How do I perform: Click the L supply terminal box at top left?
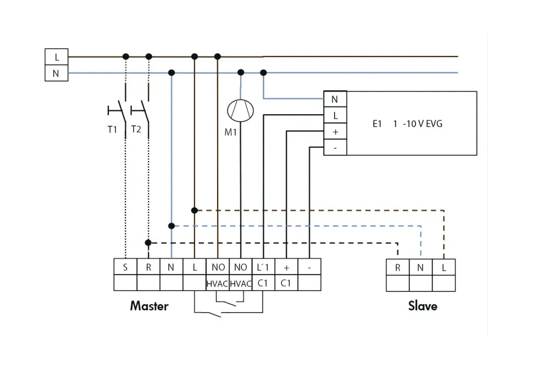(57, 57)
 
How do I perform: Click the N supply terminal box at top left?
(57, 73)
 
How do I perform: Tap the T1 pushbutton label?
(113, 130)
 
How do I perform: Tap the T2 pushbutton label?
(136, 130)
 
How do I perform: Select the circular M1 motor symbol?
(241, 110)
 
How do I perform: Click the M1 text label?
(231, 132)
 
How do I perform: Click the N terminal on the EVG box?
(335, 99)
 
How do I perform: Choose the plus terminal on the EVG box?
(335, 132)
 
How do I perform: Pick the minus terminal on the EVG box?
(335, 147)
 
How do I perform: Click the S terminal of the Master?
(125, 267)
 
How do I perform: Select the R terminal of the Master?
(148, 267)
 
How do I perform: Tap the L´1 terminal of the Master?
(263, 267)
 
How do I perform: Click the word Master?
(149, 306)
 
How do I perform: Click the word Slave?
(423, 306)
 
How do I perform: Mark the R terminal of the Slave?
(397, 268)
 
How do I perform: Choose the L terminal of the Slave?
(444, 268)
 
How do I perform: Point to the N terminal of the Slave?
(420, 268)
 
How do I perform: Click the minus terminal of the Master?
(309, 267)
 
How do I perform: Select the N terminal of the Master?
(171, 267)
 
